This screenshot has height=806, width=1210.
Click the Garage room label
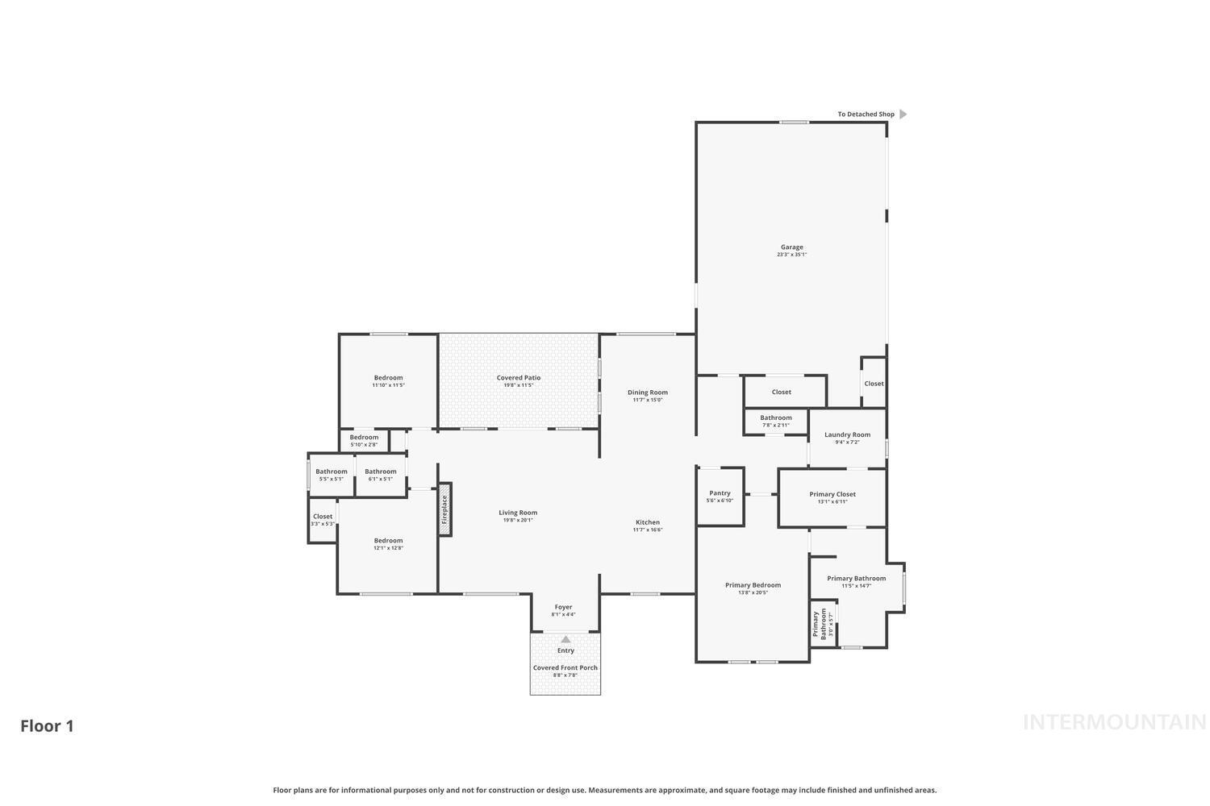791,247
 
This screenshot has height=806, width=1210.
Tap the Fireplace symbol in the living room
444,509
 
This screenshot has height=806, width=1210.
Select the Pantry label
720,493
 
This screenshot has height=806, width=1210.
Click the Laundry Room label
847,435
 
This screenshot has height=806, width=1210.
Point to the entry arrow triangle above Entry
565,639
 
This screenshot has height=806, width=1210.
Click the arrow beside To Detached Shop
903,114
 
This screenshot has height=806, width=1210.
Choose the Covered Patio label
519,378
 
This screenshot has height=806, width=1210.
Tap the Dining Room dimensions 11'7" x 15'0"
647,400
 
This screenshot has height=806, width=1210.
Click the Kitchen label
647,522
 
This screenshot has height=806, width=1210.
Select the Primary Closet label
832,494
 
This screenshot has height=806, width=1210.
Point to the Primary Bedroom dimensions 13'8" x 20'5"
753,592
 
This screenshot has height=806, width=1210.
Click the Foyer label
563,607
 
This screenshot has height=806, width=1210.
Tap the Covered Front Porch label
565,667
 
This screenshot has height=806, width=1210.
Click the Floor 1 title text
47,725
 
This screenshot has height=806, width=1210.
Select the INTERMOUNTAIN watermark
1114,722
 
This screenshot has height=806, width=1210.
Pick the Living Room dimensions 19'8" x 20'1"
518,520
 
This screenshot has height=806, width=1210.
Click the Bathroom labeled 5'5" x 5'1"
331,472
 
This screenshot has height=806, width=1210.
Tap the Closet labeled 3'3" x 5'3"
323,517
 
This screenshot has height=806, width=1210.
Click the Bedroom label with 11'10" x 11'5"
388,378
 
